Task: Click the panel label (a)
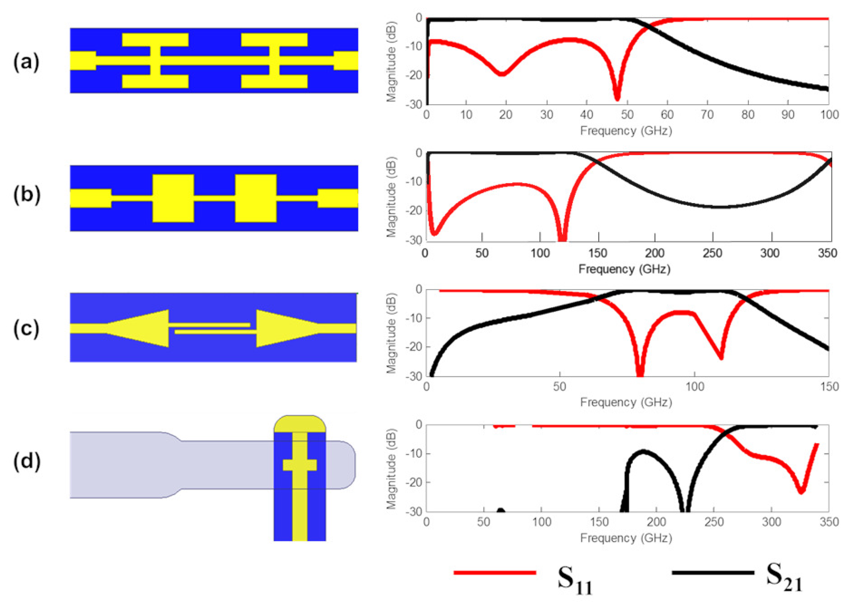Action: pos(26,62)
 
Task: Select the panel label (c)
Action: pos(26,329)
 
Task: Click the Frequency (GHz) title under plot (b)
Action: pos(625,269)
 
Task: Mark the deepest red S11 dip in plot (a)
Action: pos(617,98)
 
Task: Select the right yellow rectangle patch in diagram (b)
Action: pos(256,198)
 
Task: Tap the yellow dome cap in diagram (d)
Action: pos(300,424)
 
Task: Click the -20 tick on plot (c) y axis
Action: pos(414,347)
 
